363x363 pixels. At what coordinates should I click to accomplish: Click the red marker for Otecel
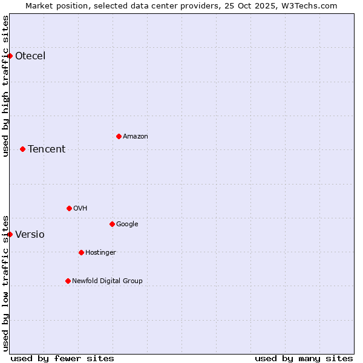tap(10, 56)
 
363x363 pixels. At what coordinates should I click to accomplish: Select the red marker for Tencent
tap(22, 149)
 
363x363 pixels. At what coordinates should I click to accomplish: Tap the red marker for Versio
tap(10, 234)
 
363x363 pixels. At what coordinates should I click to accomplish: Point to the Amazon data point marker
tap(119, 136)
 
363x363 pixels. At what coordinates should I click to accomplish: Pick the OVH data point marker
tap(69, 208)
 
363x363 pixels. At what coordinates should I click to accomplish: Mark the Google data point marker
tap(112, 224)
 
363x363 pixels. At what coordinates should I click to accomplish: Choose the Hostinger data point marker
tap(81, 252)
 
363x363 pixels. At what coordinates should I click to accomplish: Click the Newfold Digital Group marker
tap(68, 281)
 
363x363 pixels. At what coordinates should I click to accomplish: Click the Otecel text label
tap(30, 56)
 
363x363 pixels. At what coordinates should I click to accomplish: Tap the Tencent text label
tap(47, 149)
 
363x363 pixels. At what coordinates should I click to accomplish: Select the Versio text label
tap(30, 235)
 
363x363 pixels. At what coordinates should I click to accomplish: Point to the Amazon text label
tap(136, 137)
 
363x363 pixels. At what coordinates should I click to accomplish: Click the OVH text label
tap(80, 209)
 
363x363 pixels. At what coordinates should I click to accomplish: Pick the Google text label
tap(127, 224)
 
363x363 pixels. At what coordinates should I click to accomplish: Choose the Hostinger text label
tap(100, 253)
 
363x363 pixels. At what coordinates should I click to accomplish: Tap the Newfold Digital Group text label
tap(107, 281)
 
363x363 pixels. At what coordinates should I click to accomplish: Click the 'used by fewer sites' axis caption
tap(62, 358)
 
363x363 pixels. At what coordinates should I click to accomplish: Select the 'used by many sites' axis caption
tap(304, 358)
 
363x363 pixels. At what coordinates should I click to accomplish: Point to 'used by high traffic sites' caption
tap(5, 86)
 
